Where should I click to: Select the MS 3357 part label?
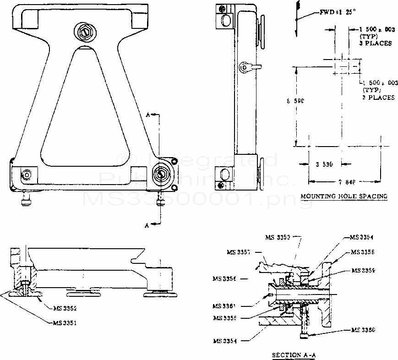point(239,252)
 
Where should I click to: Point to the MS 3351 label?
point(64,322)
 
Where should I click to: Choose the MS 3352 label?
point(64,308)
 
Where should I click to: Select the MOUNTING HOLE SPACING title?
point(343,196)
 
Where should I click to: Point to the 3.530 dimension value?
point(324,164)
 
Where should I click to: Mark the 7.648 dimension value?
point(347,181)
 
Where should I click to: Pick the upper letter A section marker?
point(148,115)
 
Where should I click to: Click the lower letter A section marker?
point(147,225)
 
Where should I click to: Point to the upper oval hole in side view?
point(226,21)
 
